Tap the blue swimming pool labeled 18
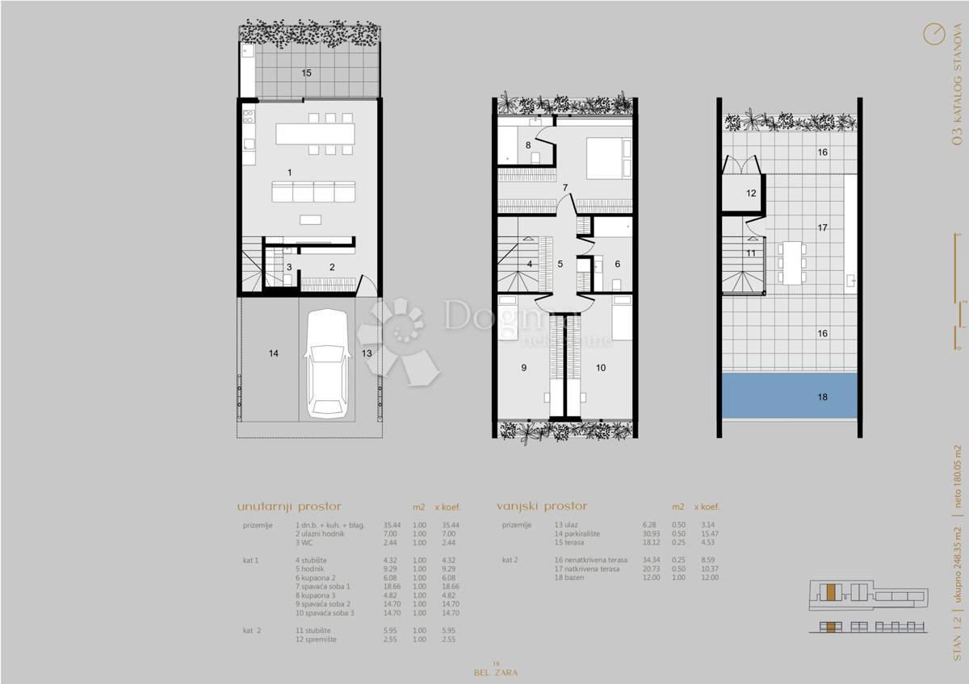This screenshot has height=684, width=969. tap(789, 396)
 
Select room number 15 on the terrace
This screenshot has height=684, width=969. tap(307, 73)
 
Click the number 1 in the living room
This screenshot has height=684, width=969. tap(290, 172)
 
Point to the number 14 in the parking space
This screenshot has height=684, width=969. tap(274, 353)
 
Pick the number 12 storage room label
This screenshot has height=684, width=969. tap(751, 194)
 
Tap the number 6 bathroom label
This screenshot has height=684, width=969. tap(618, 264)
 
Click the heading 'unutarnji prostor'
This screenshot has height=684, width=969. tap(289, 507)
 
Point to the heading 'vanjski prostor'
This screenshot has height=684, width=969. tap(542, 507)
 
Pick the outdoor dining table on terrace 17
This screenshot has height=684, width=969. tap(792, 261)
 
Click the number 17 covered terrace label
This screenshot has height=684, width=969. tap(822, 228)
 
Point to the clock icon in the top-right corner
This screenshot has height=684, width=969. tap(933, 33)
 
